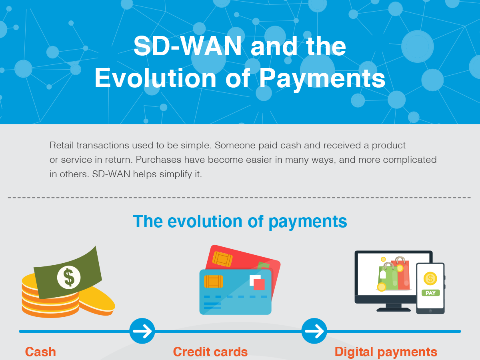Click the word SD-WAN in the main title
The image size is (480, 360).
[188, 46]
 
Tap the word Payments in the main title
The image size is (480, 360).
[322, 79]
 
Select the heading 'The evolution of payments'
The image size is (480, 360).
[240, 221]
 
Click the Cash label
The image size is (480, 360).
[40, 352]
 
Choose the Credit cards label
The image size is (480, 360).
[210, 352]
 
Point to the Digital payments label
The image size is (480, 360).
[386, 352]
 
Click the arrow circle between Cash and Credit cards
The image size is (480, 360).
[142, 331]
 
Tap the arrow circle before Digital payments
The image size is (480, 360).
[314, 331]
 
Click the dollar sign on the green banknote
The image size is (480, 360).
[69, 277]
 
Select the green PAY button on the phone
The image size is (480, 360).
[430, 293]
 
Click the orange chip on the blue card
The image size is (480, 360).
[213, 281]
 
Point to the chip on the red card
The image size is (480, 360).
[222, 259]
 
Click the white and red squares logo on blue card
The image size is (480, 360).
[257, 282]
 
